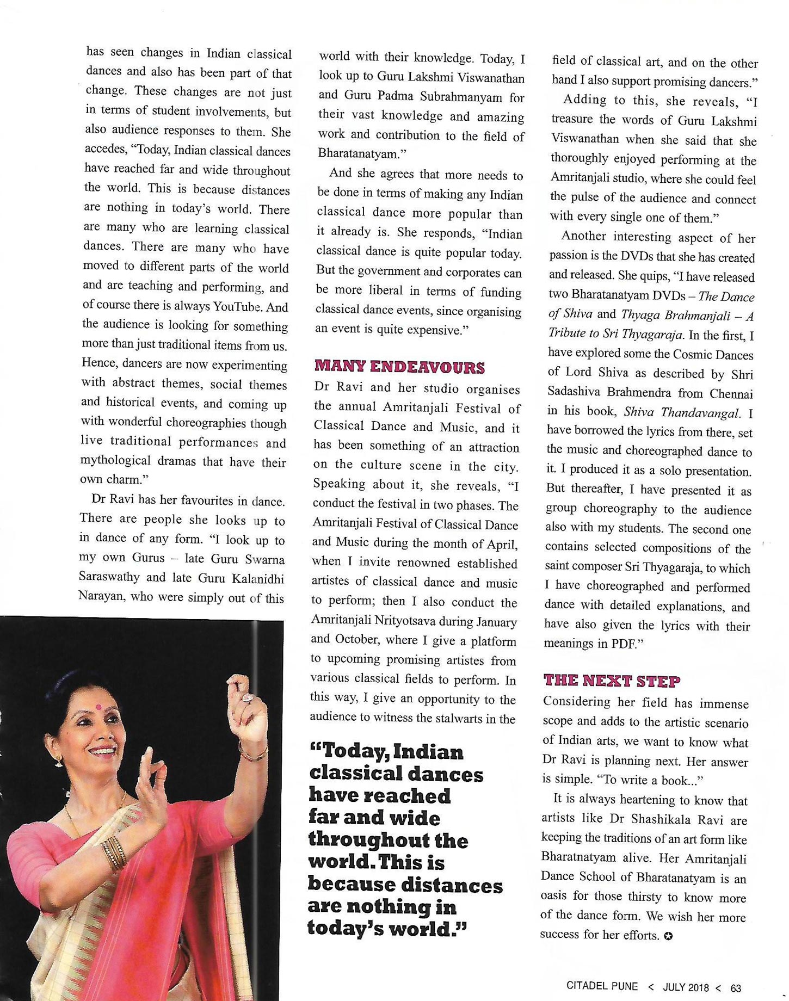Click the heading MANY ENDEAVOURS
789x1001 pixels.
pyautogui.click(x=399, y=367)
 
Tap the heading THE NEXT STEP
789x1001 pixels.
pyautogui.click(x=612, y=681)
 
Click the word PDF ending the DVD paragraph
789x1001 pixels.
pyautogui.click(x=625, y=644)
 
